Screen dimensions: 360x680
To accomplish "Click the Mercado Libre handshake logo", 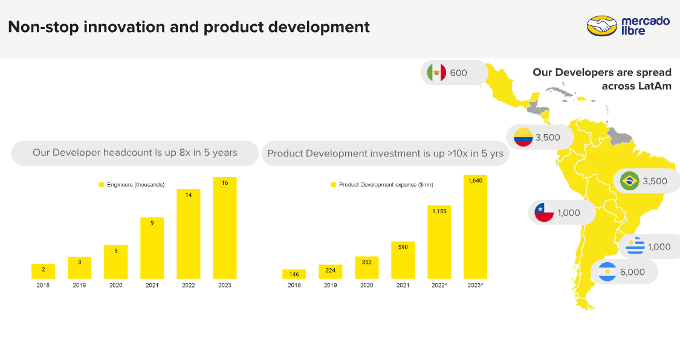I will (601, 27).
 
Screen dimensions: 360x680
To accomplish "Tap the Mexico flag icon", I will (436, 72).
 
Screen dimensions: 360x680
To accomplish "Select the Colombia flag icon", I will (523, 137).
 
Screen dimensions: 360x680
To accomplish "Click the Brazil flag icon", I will (630, 181).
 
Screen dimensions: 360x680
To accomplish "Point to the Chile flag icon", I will (544, 213).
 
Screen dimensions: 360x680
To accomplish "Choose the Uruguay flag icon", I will (635, 246).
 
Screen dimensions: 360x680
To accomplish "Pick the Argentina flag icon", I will (607, 272).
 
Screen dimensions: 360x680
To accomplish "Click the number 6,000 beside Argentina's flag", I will (632, 272).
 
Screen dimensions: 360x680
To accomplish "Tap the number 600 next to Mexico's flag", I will (459, 73).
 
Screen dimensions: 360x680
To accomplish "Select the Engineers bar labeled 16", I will (225, 228).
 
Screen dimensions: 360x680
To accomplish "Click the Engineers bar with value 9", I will (152, 248).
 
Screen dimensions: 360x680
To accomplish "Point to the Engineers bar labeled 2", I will (44, 271).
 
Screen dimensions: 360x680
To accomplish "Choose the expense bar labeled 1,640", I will (475, 227).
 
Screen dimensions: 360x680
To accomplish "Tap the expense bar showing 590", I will (403, 260).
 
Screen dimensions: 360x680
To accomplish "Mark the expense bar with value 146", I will (294, 274).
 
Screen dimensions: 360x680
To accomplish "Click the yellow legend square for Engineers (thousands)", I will (102, 185).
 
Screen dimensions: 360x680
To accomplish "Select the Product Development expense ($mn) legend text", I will (386, 185).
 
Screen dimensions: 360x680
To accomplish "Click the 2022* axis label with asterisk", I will (439, 285).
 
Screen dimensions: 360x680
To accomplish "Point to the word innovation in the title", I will (123, 27).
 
